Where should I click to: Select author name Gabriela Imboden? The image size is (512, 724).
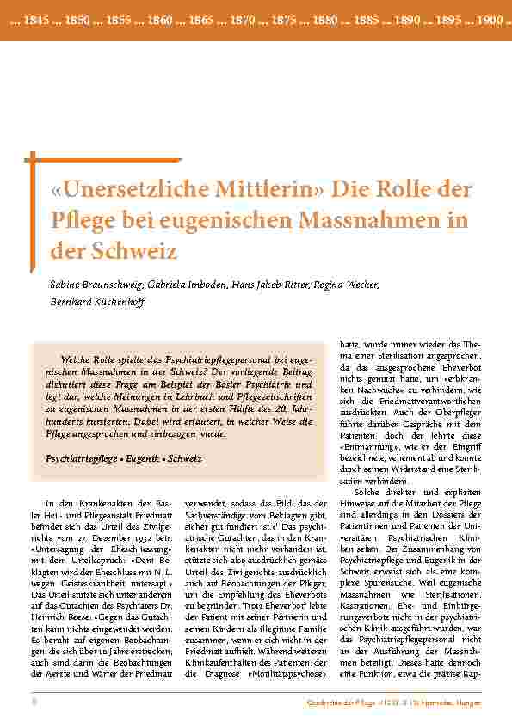[x=183, y=285]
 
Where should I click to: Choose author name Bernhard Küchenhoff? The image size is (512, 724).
[x=95, y=303]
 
